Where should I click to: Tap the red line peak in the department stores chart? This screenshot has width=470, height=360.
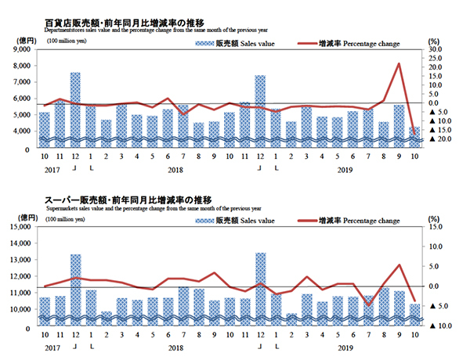399,64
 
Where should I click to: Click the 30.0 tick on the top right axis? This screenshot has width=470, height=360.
436,49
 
